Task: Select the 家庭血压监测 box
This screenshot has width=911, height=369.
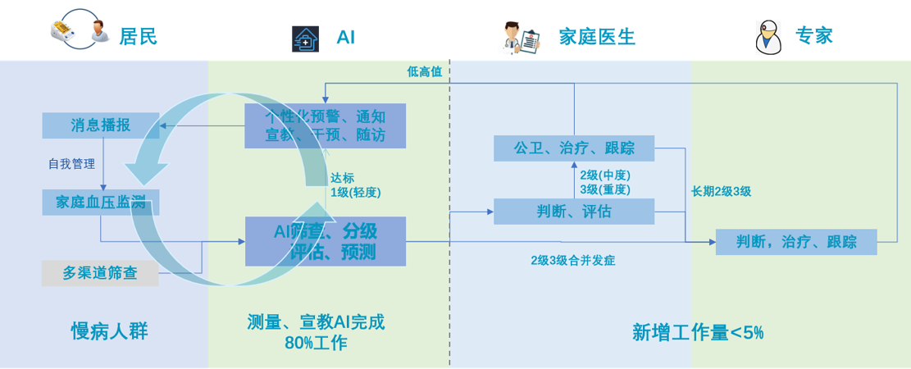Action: pyautogui.click(x=101, y=203)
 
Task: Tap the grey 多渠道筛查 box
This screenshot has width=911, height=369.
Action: pyautogui.click(x=99, y=273)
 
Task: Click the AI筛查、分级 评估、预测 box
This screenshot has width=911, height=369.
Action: pyautogui.click(x=326, y=241)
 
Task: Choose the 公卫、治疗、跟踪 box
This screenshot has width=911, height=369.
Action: pyautogui.click(x=574, y=148)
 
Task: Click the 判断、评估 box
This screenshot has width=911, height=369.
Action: pyautogui.click(x=574, y=212)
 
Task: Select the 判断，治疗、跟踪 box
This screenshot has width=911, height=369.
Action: pyautogui.click(x=796, y=242)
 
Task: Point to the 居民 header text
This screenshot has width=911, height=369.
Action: pyautogui.click(x=137, y=37)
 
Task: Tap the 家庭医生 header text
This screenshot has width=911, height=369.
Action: pyautogui.click(x=597, y=37)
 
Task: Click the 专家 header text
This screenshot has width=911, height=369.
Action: pyautogui.click(x=814, y=37)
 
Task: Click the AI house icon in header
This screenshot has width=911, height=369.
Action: pyautogui.click(x=305, y=39)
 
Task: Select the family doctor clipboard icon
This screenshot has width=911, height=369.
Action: pyautogui.click(x=519, y=38)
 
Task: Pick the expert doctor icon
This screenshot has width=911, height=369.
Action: pyautogui.click(x=768, y=38)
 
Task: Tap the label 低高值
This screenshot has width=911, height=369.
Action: pyautogui.click(x=424, y=71)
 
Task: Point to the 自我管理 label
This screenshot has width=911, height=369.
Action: pyautogui.click(x=72, y=163)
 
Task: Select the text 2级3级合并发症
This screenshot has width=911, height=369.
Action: pyautogui.click(x=572, y=261)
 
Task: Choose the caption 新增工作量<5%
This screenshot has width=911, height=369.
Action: pyautogui.click(x=698, y=332)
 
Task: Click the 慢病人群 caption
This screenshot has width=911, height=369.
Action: pyautogui.click(x=109, y=331)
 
